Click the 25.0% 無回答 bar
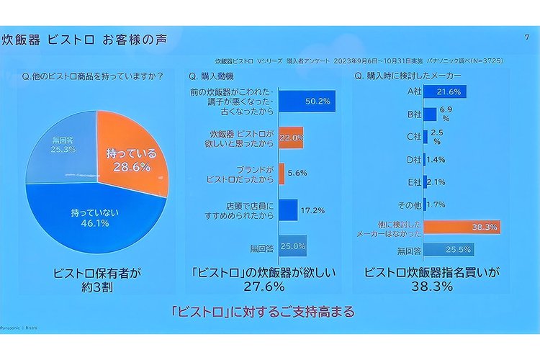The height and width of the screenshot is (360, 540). point(292,246)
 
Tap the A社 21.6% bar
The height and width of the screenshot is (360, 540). point(445,91)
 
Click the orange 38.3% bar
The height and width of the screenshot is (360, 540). point(462,228)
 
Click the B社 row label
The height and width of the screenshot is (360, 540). point(413,114)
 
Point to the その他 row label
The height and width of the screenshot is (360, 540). point(411,204)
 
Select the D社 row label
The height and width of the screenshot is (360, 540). point(413,159)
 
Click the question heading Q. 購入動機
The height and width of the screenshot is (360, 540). point(214,76)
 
